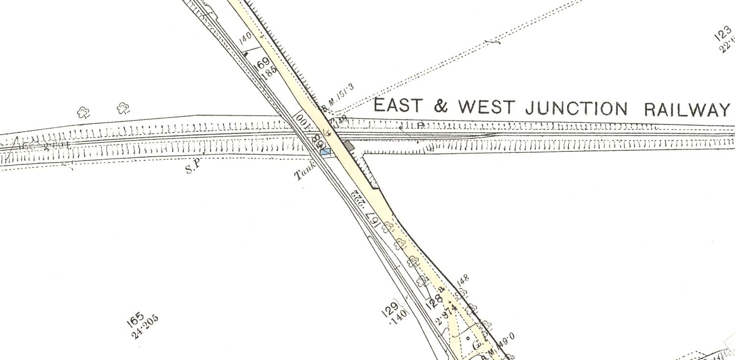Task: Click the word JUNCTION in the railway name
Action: coord(576,108)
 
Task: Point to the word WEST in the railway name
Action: coord(485,107)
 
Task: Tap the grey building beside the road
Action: coord(348,145)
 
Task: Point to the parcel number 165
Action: coord(135,318)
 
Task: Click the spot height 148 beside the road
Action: coord(463,281)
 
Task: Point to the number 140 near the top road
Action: coord(245,38)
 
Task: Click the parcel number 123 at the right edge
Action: coord(724,34)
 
